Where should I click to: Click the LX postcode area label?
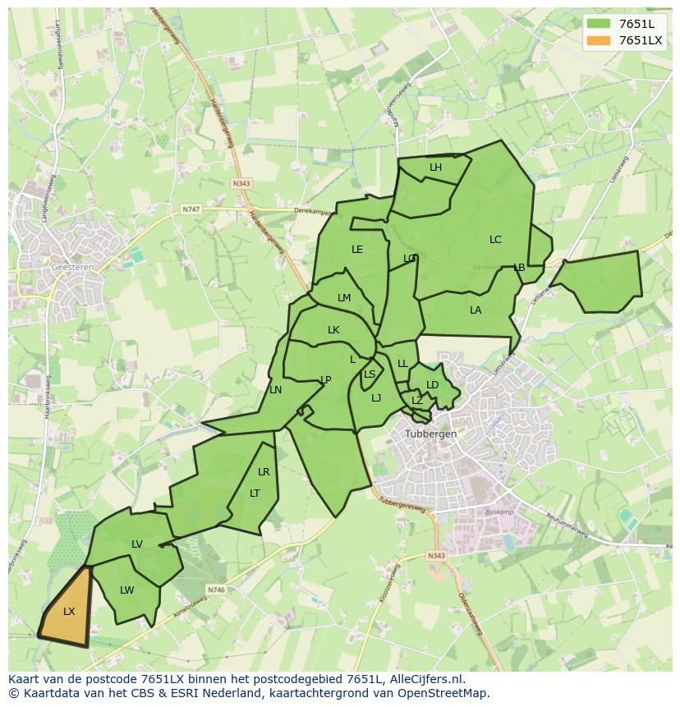point(69,612)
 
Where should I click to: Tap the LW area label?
point(126,590)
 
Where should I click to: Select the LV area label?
point(137,544)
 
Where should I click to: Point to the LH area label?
point(435,168)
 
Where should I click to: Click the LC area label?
point(495,240)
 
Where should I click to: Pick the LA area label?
point(476,310)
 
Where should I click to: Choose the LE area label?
point(357,250)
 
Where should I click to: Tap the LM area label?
point(344,298)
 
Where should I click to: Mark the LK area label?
point(333,330)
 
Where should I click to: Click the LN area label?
point(276,390)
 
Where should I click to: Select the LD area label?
point(433,385)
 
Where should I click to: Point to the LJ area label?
point(376,398)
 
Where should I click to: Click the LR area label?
point(264,472)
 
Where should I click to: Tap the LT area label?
point(255,494)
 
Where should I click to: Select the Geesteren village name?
point(72,267)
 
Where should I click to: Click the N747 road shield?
point(191,209)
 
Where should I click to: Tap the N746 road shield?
point(216,590)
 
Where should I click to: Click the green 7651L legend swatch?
point(599,24)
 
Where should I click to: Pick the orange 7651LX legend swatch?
point(599,40)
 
